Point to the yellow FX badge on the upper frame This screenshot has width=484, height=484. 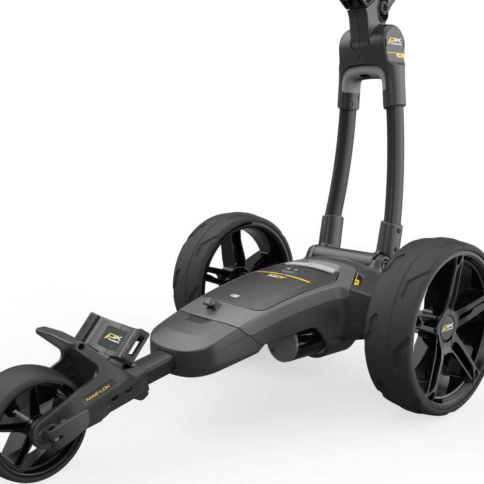[x=400, y=56]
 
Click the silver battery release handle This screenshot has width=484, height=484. [x=315, y=267]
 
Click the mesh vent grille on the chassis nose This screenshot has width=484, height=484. [x=196, y=318]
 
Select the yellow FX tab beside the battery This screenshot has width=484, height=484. [x=358, y=279]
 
